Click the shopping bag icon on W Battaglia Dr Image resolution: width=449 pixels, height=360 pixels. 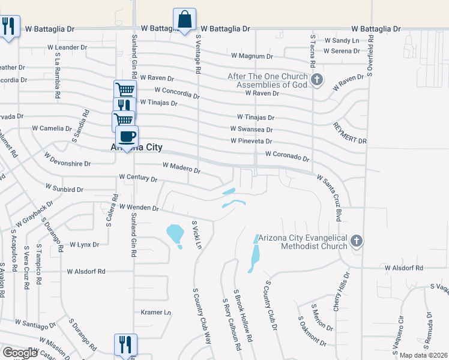tap(184, 19)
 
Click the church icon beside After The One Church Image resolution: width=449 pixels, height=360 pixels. tap(318, 79)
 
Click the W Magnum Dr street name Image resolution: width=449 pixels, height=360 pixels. tap(252, 56)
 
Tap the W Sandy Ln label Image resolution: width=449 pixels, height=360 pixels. tap(342, 40)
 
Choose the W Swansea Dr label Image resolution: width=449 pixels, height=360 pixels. tap(252, 129)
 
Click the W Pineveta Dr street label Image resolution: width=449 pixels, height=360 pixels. tap(252, 141)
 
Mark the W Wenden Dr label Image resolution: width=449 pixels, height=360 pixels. tap(139, 208)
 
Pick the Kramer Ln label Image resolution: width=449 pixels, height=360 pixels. tap(156, 312)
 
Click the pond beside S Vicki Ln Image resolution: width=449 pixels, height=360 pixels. tap(175, 233)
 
